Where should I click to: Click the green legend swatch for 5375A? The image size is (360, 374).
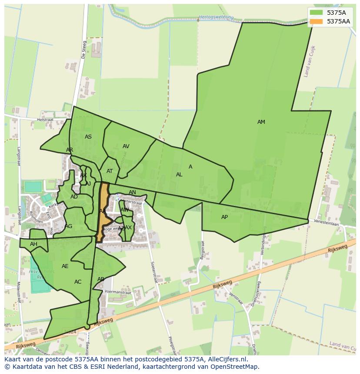pyautogui.click(x=317, y=13)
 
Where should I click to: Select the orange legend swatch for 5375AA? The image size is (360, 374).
pyautogui.click(x=317, y=21)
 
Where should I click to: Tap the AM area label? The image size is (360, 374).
pyautogui.click(x=261, y=122)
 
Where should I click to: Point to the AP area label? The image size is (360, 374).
pyautogui.click(x=224, y=217)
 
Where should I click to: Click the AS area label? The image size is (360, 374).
pyautogui.click(x=88, y=137)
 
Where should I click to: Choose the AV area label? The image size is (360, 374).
pyautogui.click(x=126, y=146)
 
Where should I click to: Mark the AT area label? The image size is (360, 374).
pyautogui.click(x=110, y=171)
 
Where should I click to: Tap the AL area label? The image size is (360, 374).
pyautogui.click(x=179, y=175)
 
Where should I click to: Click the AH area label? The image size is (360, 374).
pyautogui.click(x=33, y=244)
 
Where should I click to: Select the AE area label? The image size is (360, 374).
pyautogui.click(x=65, y=266)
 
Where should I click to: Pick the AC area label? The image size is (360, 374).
pyautogui.click(x=78, y=282)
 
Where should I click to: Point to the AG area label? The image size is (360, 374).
pyautogui.click(x=69, y=226)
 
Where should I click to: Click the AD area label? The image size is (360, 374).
pyautogui.click(x=74, y=197)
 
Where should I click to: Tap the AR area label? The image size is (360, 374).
pyautogui.click(x=70, y=150)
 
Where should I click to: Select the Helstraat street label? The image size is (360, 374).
pyautogui.click(x=45, y=119)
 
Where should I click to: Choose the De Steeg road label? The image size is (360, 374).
pyautogui.click(x=84, y=50)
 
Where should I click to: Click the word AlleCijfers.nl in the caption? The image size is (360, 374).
pyautogui.click(x=227, y=359)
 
